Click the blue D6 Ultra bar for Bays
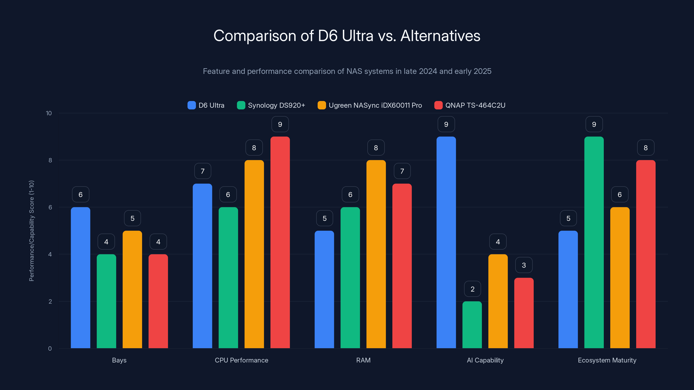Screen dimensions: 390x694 coord(80,277)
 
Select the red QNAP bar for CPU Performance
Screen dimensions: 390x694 coord(280,242)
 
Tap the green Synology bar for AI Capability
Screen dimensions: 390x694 coord(472,325)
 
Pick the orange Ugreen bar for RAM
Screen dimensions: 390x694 coord(376,254)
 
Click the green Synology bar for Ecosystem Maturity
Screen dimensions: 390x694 coord(594,242)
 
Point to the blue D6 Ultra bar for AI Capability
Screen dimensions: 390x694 coord(446,242)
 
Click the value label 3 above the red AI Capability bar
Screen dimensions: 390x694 coord(524,265)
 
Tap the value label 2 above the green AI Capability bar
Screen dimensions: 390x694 coord(472,289)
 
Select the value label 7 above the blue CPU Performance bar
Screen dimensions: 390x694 coord(203,171)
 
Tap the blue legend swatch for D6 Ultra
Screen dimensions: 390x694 coord(192,105)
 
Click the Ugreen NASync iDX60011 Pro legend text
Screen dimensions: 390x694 coord(375,105)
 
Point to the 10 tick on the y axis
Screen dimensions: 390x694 coord(49,113)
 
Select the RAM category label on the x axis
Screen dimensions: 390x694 coord(363,360)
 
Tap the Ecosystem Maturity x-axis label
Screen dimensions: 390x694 coord(607,360)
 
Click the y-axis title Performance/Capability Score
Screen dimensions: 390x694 coord(31,231)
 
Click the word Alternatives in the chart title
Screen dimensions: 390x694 coord(440,36)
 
